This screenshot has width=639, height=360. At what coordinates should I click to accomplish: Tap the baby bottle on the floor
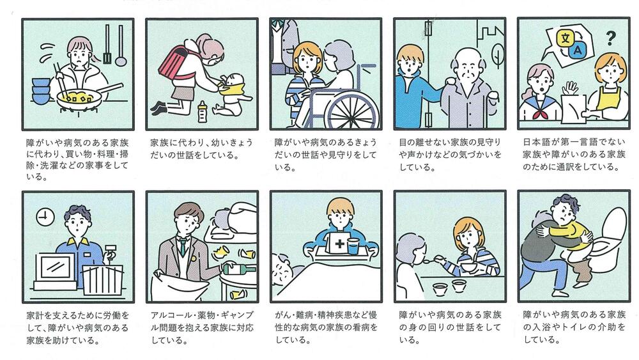click(202, 112)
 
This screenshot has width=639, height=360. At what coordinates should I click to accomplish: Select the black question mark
click(610, 38)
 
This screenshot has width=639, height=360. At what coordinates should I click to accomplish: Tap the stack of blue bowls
click(41, 91)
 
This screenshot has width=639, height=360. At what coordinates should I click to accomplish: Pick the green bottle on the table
click(239, 269)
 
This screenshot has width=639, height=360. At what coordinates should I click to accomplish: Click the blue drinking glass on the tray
click(353, 246)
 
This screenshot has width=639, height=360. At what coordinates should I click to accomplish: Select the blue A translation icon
click(578, 51)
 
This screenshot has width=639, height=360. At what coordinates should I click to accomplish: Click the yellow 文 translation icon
click(566, 39)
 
